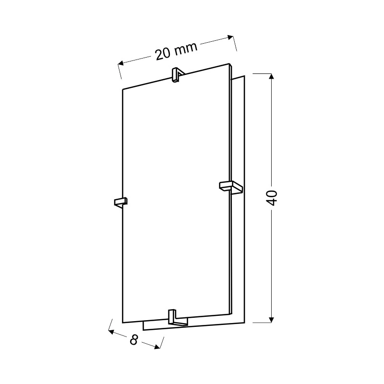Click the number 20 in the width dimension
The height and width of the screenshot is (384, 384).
[x=163, y=54]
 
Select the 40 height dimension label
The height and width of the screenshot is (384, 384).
[x=272, y=198]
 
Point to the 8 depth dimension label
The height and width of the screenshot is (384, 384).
[x=134, y=340]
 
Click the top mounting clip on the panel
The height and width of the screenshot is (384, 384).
[x=177, y=75]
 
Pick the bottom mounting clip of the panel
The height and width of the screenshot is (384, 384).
[x=178, y=318]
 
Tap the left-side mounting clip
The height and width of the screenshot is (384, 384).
[x=121, y=202]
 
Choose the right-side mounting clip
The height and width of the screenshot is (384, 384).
[x=231, y=187]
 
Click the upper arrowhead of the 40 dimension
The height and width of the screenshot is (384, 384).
[x=271, y=76]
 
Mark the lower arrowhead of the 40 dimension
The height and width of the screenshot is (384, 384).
[x=271, y=320]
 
